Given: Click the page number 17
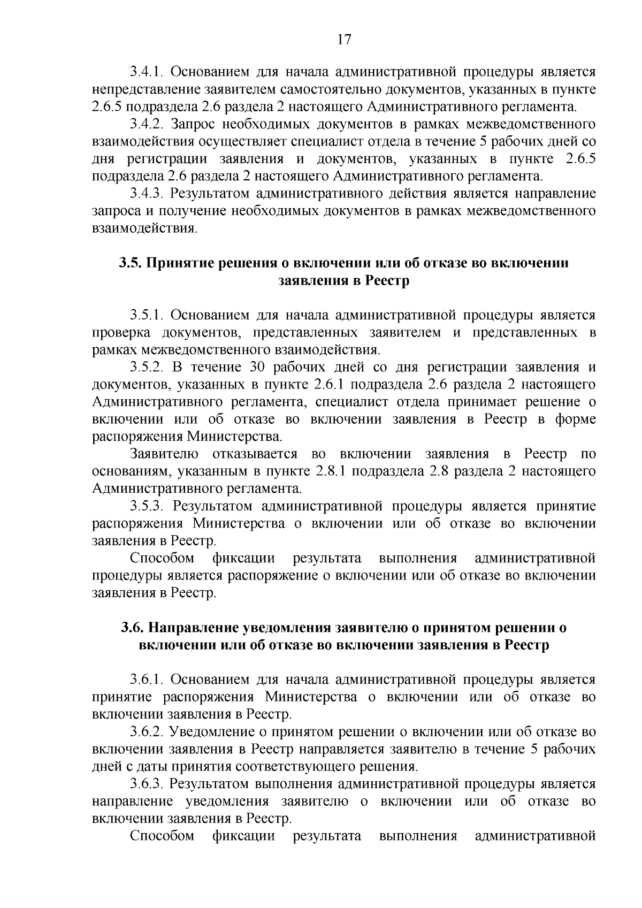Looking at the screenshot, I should coord(344,40).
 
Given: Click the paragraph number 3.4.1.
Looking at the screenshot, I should coord(147,72).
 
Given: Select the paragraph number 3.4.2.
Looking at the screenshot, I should coord(147,124).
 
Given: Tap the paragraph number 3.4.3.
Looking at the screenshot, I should coord(147,193).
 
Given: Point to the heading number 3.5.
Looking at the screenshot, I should coord(131,263).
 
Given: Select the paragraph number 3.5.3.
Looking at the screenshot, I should coord(147,506).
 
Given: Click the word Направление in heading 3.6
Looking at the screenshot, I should coord(193,628).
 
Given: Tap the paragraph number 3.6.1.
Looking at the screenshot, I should coord(147,680).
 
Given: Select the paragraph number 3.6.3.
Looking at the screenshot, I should coord(147,784).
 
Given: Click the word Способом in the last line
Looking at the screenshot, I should coord(162,836).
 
